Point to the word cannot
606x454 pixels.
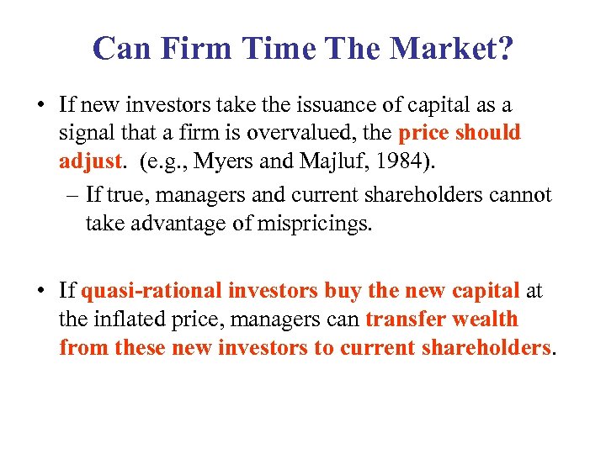pos(520,196)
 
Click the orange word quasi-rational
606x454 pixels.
pos(151,292)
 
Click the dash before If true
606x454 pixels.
pos(72,196)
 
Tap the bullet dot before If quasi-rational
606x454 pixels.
pos(41,292)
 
